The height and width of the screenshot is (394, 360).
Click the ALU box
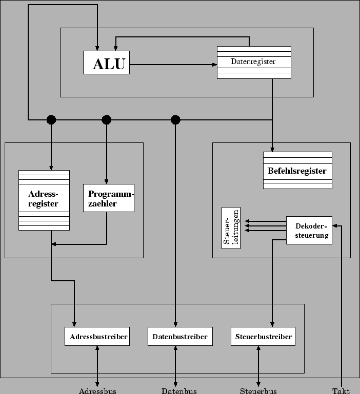[x=107, y=63]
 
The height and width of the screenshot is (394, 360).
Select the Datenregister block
[x=254, y=62]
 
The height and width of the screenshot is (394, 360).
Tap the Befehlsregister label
[x=297, y=171]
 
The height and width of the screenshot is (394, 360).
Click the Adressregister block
[x=44, y=200]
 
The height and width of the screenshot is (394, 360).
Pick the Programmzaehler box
[x=109, y=198]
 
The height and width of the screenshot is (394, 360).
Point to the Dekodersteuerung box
[x=309, y=231]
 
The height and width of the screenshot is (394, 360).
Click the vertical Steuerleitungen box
[x=231, y=228]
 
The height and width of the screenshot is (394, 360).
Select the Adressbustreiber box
[x=97, y=337]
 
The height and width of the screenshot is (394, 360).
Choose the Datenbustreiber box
[x=180, y=337]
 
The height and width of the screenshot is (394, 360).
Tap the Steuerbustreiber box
[x=264, y=337]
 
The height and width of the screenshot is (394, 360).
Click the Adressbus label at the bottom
[x=97, y=391]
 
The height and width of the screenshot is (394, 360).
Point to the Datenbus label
[x=179, y=391]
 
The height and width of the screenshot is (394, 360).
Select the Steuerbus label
[x=258, y=391]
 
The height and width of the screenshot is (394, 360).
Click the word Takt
[x=341, y=391]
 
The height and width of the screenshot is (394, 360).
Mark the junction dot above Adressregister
[x=51, y=120]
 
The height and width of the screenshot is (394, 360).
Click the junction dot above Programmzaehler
[x=107, y=120]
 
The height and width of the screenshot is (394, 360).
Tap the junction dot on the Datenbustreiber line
[x=175, y=120]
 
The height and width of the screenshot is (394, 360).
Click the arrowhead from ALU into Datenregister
[x=214, y=65]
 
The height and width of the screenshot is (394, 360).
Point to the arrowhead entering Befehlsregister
[x=272, y=149]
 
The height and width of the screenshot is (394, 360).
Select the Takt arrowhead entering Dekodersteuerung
[x=335, y=226]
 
